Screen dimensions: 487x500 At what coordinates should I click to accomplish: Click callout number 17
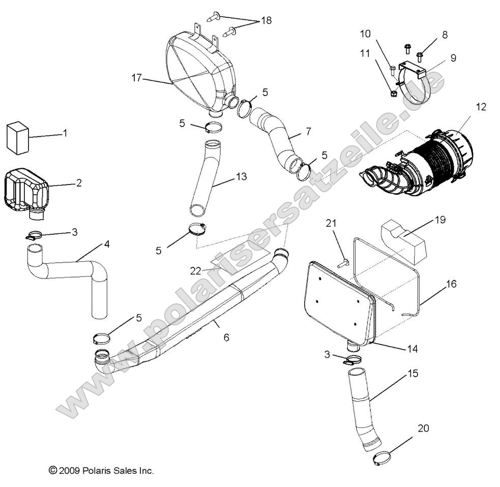pos(136,78)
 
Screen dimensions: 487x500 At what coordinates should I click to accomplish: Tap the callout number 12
pos(481,107)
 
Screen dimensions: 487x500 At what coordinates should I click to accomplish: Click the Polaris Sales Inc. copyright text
pos(101,471)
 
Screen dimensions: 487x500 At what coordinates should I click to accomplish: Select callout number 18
pos(266,20)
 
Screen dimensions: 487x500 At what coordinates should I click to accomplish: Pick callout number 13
pos(241,176)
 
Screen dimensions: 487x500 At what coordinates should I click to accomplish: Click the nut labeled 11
pos(393,94)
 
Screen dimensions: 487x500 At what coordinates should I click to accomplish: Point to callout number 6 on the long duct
pos(226,337)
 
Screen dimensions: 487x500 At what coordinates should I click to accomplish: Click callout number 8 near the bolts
pos(445,35)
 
